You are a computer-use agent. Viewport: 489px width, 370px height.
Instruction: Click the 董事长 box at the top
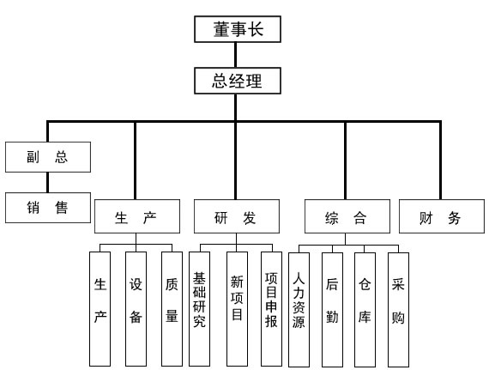tap(238, 29)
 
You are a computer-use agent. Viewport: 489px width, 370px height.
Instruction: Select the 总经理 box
tap(238, 81)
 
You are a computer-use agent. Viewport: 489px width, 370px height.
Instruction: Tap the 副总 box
tap(48, 157)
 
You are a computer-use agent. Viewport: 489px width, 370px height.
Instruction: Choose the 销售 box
tap(48, 208)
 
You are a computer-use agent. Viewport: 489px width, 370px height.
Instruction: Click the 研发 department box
tap(237, 216)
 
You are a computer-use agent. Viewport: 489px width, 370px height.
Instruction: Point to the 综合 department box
tap(347, 216)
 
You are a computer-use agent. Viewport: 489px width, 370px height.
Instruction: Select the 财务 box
tap(442, 216)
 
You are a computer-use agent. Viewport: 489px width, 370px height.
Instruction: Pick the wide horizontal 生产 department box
tap(137, 216)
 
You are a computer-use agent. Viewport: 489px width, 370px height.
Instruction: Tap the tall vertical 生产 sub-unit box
tap(100, 309)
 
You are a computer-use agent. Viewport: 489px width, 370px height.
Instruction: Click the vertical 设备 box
tap(136, 309)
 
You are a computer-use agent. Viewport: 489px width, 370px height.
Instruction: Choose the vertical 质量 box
tap(172, 309)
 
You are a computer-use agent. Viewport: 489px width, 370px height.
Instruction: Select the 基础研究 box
tap(199, 309)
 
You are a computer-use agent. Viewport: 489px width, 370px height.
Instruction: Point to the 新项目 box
tap(237, 309)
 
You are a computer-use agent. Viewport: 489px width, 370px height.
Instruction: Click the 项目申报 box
tap(271, 309)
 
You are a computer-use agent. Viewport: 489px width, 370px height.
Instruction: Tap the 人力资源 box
tap(299, 309)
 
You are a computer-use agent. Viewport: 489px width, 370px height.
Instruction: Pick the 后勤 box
tap(332, 309)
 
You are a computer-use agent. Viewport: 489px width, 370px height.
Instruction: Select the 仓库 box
tap(365, 309)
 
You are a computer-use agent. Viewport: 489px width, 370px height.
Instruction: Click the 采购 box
tap(398, 309)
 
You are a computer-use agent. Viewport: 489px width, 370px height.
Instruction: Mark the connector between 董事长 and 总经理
tap(235, 55)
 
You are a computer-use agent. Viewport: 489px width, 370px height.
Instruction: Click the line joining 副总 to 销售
tap(48, 182)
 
